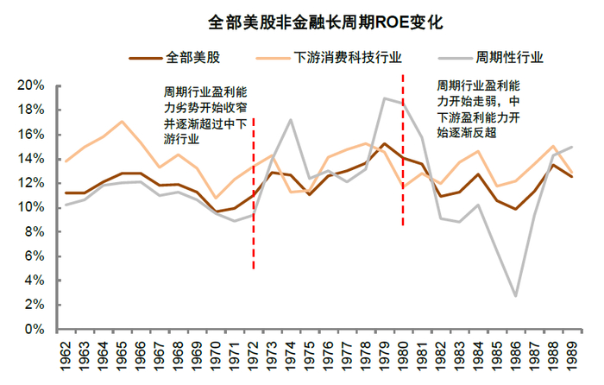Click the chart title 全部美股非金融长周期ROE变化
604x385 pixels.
point(302,18)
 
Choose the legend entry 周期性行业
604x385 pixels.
point(509,58)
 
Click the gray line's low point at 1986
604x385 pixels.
point(515,296)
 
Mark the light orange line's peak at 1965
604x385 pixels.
point(122,122)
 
